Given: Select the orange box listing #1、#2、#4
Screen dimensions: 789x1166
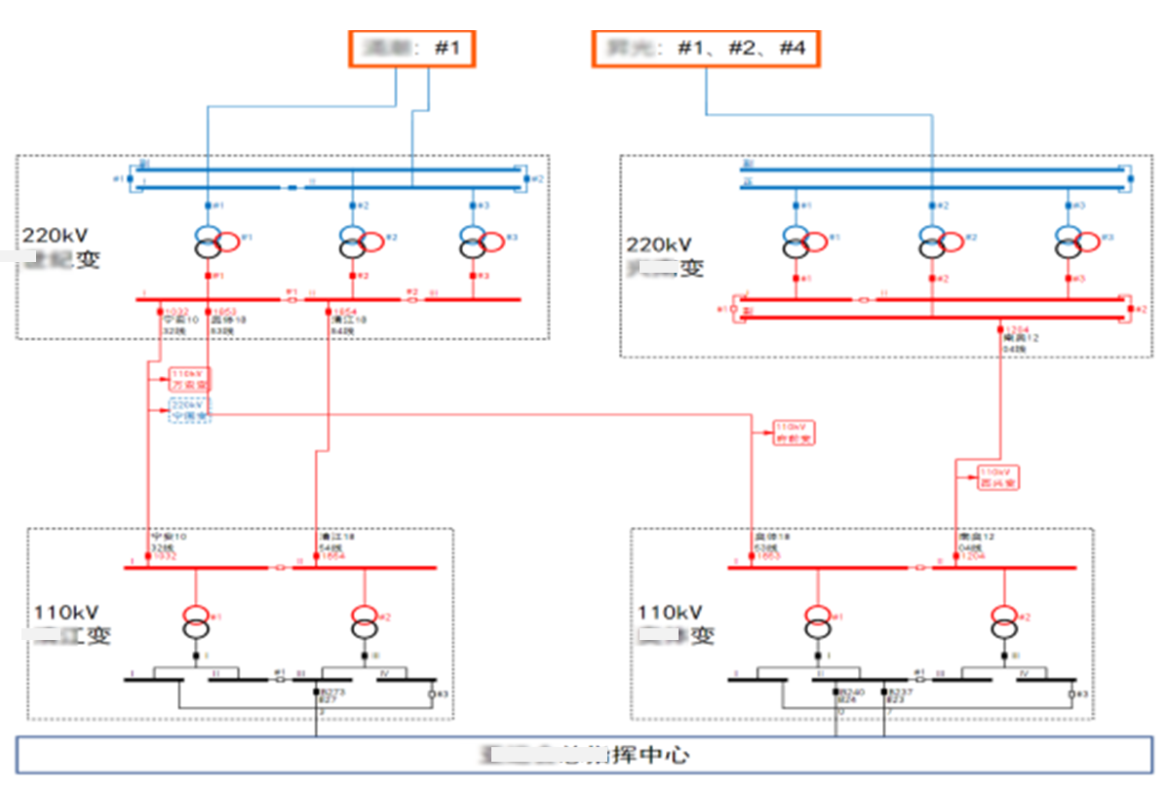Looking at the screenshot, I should [x=706, y=48].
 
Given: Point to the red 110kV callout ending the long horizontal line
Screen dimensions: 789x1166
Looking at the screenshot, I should [x=794, y=432].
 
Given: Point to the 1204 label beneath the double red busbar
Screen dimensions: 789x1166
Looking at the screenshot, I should [x=1014, y=329].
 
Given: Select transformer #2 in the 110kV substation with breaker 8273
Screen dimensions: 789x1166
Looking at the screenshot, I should [x=364, y=620].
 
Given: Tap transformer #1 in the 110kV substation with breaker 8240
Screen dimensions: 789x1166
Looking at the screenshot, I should [x=816, y=620].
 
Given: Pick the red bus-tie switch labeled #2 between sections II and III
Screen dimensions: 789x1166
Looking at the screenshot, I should [x=413, y=300].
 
